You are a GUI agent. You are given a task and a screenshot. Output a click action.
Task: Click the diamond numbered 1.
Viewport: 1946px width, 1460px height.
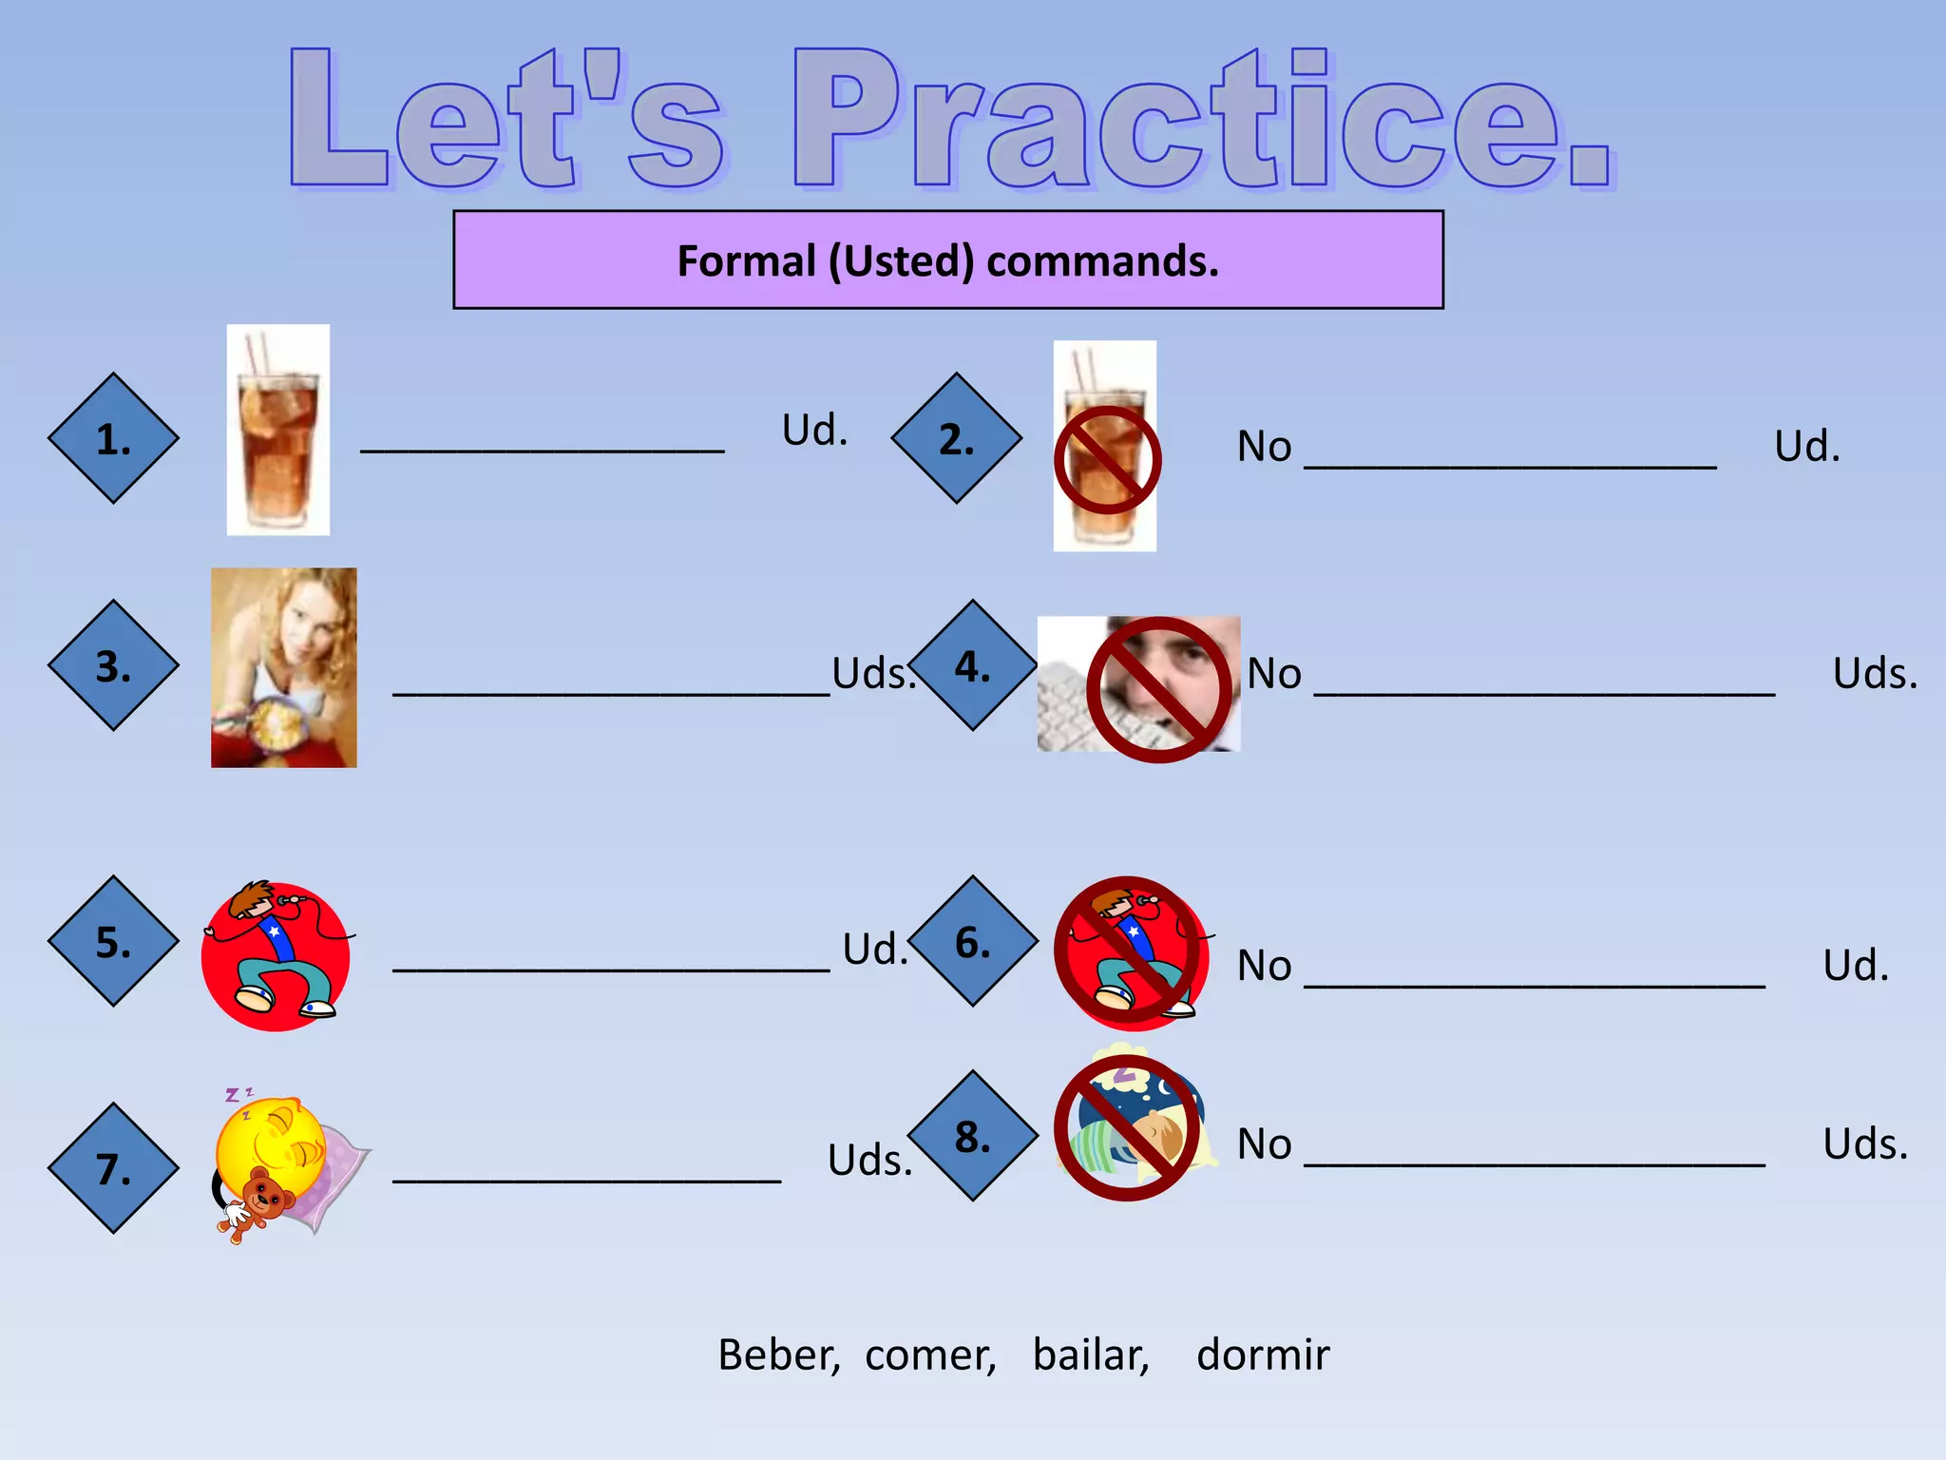click(113, 438)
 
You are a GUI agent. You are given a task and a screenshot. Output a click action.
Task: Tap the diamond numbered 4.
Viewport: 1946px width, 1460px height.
click(972, 665)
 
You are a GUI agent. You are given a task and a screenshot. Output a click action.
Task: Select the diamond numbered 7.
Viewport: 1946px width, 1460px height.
click(113, 1168)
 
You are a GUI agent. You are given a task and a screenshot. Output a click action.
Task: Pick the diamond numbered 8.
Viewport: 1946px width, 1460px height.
click(972, 1136)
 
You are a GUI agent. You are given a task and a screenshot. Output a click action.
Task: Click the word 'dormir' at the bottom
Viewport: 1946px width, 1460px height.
click(1263, 1354)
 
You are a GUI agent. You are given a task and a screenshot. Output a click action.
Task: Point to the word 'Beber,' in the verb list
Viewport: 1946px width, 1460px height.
click(778, 1354)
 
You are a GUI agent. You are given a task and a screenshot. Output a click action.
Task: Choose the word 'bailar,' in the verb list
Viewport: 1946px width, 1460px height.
click(1091, 1354)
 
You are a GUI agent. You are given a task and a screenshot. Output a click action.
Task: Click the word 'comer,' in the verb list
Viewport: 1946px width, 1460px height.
click(930, 1354)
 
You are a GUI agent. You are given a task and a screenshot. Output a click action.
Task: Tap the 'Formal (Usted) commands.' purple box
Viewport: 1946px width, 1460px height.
click(947, 259)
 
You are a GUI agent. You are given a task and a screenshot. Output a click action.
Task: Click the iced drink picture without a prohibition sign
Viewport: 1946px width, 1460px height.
click(277, 430)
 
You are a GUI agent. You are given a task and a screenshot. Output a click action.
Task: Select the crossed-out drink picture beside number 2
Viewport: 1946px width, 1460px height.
click(1105, 447)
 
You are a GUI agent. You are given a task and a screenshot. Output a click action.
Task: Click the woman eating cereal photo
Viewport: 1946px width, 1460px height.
click(283, 667)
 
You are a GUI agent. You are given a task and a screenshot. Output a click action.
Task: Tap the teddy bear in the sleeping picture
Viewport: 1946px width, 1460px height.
click(257, 1201)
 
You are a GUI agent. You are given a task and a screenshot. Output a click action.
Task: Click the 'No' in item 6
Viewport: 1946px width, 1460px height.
click(1264, 966)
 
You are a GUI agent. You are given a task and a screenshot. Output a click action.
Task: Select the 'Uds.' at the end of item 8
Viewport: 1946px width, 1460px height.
click(1864, 1143)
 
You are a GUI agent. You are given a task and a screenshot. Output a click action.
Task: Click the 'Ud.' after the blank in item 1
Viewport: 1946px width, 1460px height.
click(814, 430)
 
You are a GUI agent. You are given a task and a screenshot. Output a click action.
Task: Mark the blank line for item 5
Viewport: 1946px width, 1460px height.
click(611, 968)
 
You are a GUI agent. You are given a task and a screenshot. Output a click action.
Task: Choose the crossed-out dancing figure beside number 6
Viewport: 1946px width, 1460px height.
click(1131, 953)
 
